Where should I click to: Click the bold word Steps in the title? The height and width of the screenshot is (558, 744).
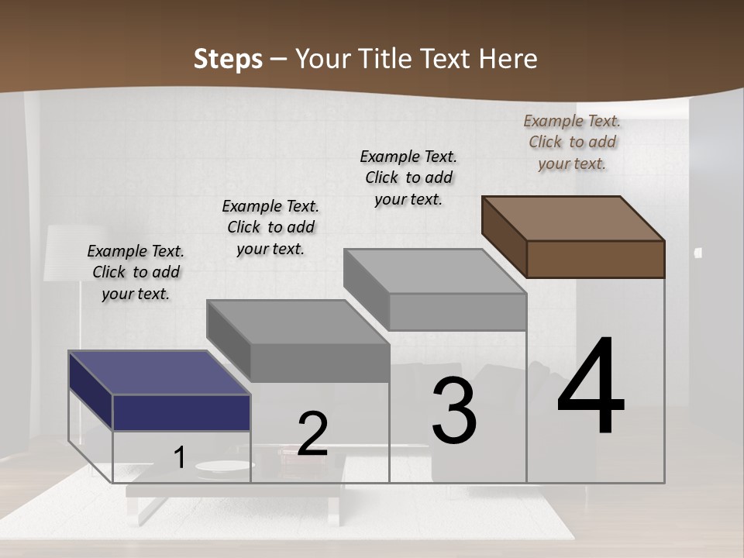tap(228, 59)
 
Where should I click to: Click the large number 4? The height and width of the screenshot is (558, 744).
tap(591, 387)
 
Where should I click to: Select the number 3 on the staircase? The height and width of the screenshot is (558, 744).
tap(454, 411)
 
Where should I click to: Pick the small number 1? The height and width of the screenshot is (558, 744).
tap(180, 458)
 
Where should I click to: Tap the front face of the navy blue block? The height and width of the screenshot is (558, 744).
tap(181, 412)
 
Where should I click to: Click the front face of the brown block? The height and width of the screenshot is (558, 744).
tap(595, 259)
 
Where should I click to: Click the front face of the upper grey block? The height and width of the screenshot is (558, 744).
tap(457, 312)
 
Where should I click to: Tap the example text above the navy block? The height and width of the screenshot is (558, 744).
tap(136, 273)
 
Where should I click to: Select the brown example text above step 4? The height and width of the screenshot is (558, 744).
tap(572, 142)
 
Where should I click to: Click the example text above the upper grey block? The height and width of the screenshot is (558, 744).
tap(408, 177)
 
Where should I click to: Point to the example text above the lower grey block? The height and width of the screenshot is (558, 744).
tap(270, 227)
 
